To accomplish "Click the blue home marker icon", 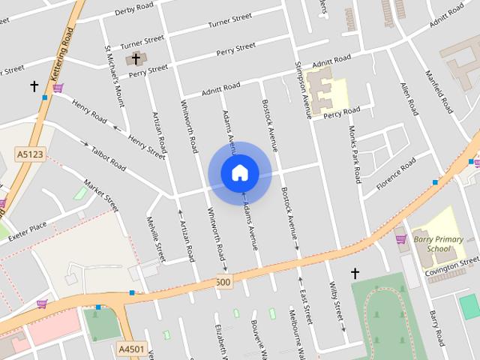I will click(239, 173).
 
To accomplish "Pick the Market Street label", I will click(101, 195).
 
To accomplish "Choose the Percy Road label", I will click(341, 112).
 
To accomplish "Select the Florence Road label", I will click(395, 172).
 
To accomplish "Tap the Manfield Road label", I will click(438, 90).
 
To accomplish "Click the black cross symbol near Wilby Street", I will click(355, 274).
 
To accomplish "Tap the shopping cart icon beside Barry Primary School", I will click(401, 239).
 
